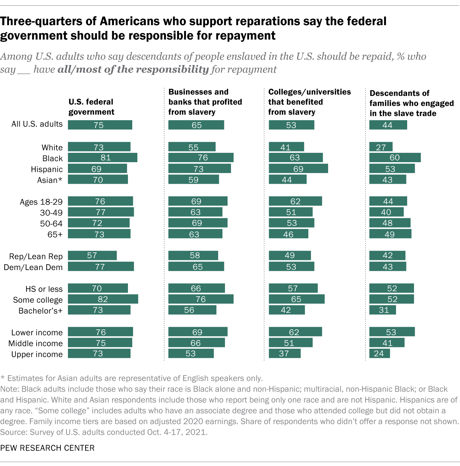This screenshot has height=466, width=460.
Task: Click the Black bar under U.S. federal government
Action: (102, 157)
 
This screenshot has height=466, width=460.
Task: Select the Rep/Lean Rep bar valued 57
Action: (92, 255)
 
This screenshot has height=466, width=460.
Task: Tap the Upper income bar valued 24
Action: (379, 353)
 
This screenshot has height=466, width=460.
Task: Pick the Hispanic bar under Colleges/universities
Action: (298, 169)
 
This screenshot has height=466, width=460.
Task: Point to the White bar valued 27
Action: (381, 147)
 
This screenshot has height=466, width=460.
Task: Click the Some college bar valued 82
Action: (103, 299)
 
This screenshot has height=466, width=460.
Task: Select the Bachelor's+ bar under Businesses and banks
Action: (192, 310)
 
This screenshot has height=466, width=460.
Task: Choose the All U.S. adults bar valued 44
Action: (388, 125)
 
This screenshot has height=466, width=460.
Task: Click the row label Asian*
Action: (50, 180)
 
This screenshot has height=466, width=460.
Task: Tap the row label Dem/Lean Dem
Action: (33, 267)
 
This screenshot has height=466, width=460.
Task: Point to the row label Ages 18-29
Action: (41, 202)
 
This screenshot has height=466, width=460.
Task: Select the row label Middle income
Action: (36, 343)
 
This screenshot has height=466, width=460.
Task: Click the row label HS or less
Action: (44, 289)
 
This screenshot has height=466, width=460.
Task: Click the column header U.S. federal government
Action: (91, 107)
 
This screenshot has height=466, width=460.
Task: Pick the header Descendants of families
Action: (411, 103)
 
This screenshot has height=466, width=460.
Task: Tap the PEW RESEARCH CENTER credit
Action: (47, 448)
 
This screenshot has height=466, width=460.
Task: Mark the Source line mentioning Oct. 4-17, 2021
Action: (104, 432)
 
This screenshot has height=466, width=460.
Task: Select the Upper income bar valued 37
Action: (285, 353)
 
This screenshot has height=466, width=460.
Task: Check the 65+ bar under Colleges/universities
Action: (288, 234)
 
